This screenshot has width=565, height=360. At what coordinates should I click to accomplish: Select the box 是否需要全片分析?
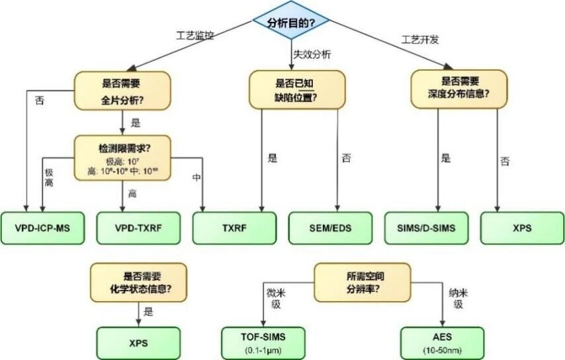122,91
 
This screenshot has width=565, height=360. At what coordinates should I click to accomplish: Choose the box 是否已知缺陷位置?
296,91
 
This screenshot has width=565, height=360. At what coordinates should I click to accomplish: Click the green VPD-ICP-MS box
42,228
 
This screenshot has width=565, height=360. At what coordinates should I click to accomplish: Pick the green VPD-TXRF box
138,228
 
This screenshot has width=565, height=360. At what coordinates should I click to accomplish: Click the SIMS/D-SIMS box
426,228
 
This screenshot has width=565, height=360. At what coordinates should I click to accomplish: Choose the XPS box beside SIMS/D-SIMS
522,228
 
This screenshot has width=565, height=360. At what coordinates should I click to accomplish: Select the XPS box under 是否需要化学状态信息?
138,343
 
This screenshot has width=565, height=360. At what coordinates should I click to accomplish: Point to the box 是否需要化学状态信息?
138,281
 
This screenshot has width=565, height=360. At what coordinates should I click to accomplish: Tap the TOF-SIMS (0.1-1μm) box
263,343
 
